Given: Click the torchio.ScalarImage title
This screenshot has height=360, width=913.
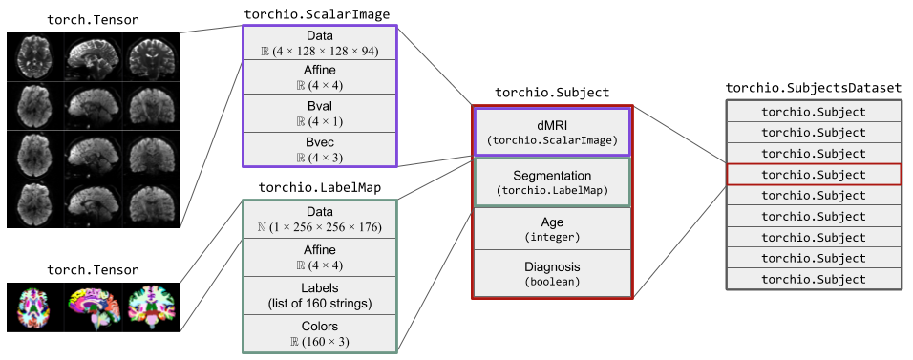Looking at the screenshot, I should click(318, 14).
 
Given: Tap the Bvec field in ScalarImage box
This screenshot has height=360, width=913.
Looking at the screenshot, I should click(320, 149).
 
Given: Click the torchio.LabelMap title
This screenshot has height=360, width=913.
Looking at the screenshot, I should click(320, 187).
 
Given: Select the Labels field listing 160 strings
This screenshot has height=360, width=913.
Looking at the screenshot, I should click(320, 296).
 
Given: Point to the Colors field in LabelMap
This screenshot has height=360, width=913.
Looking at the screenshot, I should click(320, 331).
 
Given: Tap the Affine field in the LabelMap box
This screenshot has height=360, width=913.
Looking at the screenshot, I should click(320, 258).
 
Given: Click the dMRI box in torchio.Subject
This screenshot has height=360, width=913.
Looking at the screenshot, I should click(552, 132).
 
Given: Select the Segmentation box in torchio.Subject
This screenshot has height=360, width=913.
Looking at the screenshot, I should click(552, 182).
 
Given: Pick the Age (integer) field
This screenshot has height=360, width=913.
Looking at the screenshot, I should click(552, 227).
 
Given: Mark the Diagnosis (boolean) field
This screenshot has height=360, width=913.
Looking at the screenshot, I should click(552, 273).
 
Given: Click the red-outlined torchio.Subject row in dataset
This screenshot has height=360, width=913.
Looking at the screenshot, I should click(813, 174).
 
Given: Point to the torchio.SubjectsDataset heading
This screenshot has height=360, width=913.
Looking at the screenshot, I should click(813, 88).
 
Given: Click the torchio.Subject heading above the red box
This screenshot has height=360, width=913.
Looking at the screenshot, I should click(552, 93).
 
